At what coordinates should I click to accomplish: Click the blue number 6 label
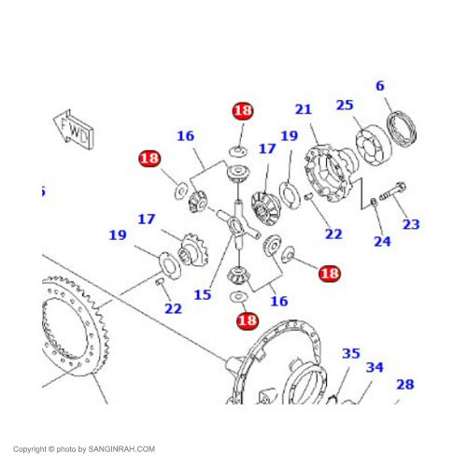[x=380, y=86]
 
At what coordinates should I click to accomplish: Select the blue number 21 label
[x=304, y=109]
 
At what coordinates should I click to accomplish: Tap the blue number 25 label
[x=345, y=105]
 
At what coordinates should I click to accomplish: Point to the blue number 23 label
[x=411, y=224]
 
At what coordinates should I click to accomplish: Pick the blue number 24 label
[x=382, y=241]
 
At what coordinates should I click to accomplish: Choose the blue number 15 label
[x=203, y=294]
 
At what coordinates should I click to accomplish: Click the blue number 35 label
[x=351, y=353]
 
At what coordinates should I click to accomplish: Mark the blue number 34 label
[x=375, y=367]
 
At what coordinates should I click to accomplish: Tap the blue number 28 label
[x=405, y=385]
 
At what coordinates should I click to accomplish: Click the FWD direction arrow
[x=74, y=130]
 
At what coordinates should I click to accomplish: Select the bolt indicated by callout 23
[x=392, y=191]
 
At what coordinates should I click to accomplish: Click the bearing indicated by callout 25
[x=374, y=146]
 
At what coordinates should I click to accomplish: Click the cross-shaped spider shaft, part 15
[x=238, y=224]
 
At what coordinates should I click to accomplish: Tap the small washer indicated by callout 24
[x=374, y=202]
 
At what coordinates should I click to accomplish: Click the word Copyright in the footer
[x=30, y=449]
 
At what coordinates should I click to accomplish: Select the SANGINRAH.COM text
[x=121, y=449]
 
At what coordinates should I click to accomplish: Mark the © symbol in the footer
[x=51, y=449]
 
